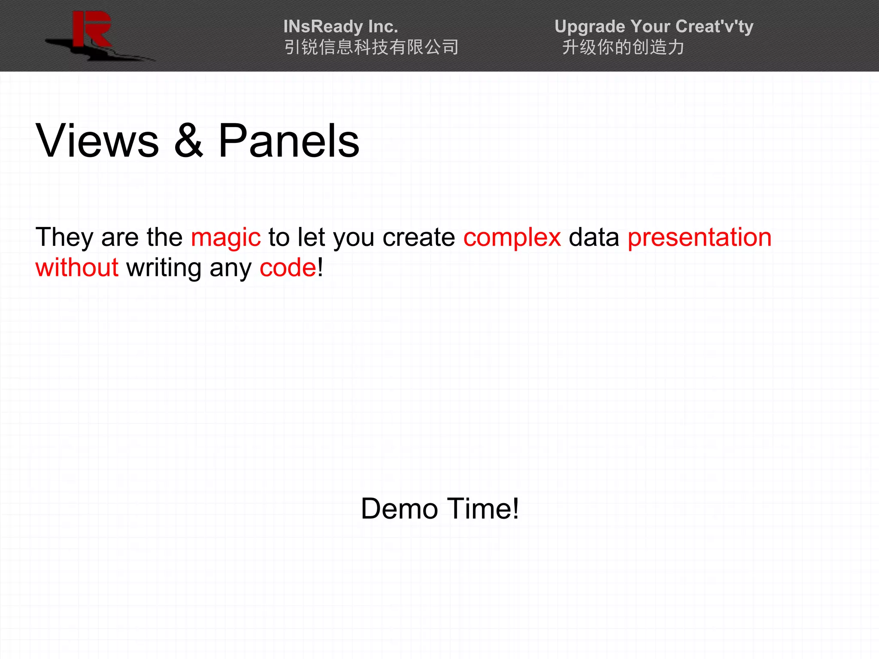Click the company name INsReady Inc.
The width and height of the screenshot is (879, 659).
341,27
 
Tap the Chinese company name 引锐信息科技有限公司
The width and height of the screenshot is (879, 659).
371,47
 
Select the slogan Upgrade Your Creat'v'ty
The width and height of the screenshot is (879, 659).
654,27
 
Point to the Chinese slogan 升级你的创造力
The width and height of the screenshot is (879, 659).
623,47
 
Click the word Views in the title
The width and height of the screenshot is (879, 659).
97,141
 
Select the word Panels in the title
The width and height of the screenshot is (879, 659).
289,141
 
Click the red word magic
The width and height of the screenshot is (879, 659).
226,237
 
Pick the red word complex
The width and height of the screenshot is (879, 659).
512,237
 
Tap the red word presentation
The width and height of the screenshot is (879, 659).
700,237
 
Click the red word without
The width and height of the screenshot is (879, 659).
77,268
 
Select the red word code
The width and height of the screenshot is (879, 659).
288,268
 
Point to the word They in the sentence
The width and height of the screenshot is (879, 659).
64,237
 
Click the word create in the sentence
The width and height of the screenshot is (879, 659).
418,237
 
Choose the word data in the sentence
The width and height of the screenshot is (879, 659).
594,237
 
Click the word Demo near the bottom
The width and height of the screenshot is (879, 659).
399,509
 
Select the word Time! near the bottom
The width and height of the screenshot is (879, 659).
484,509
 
